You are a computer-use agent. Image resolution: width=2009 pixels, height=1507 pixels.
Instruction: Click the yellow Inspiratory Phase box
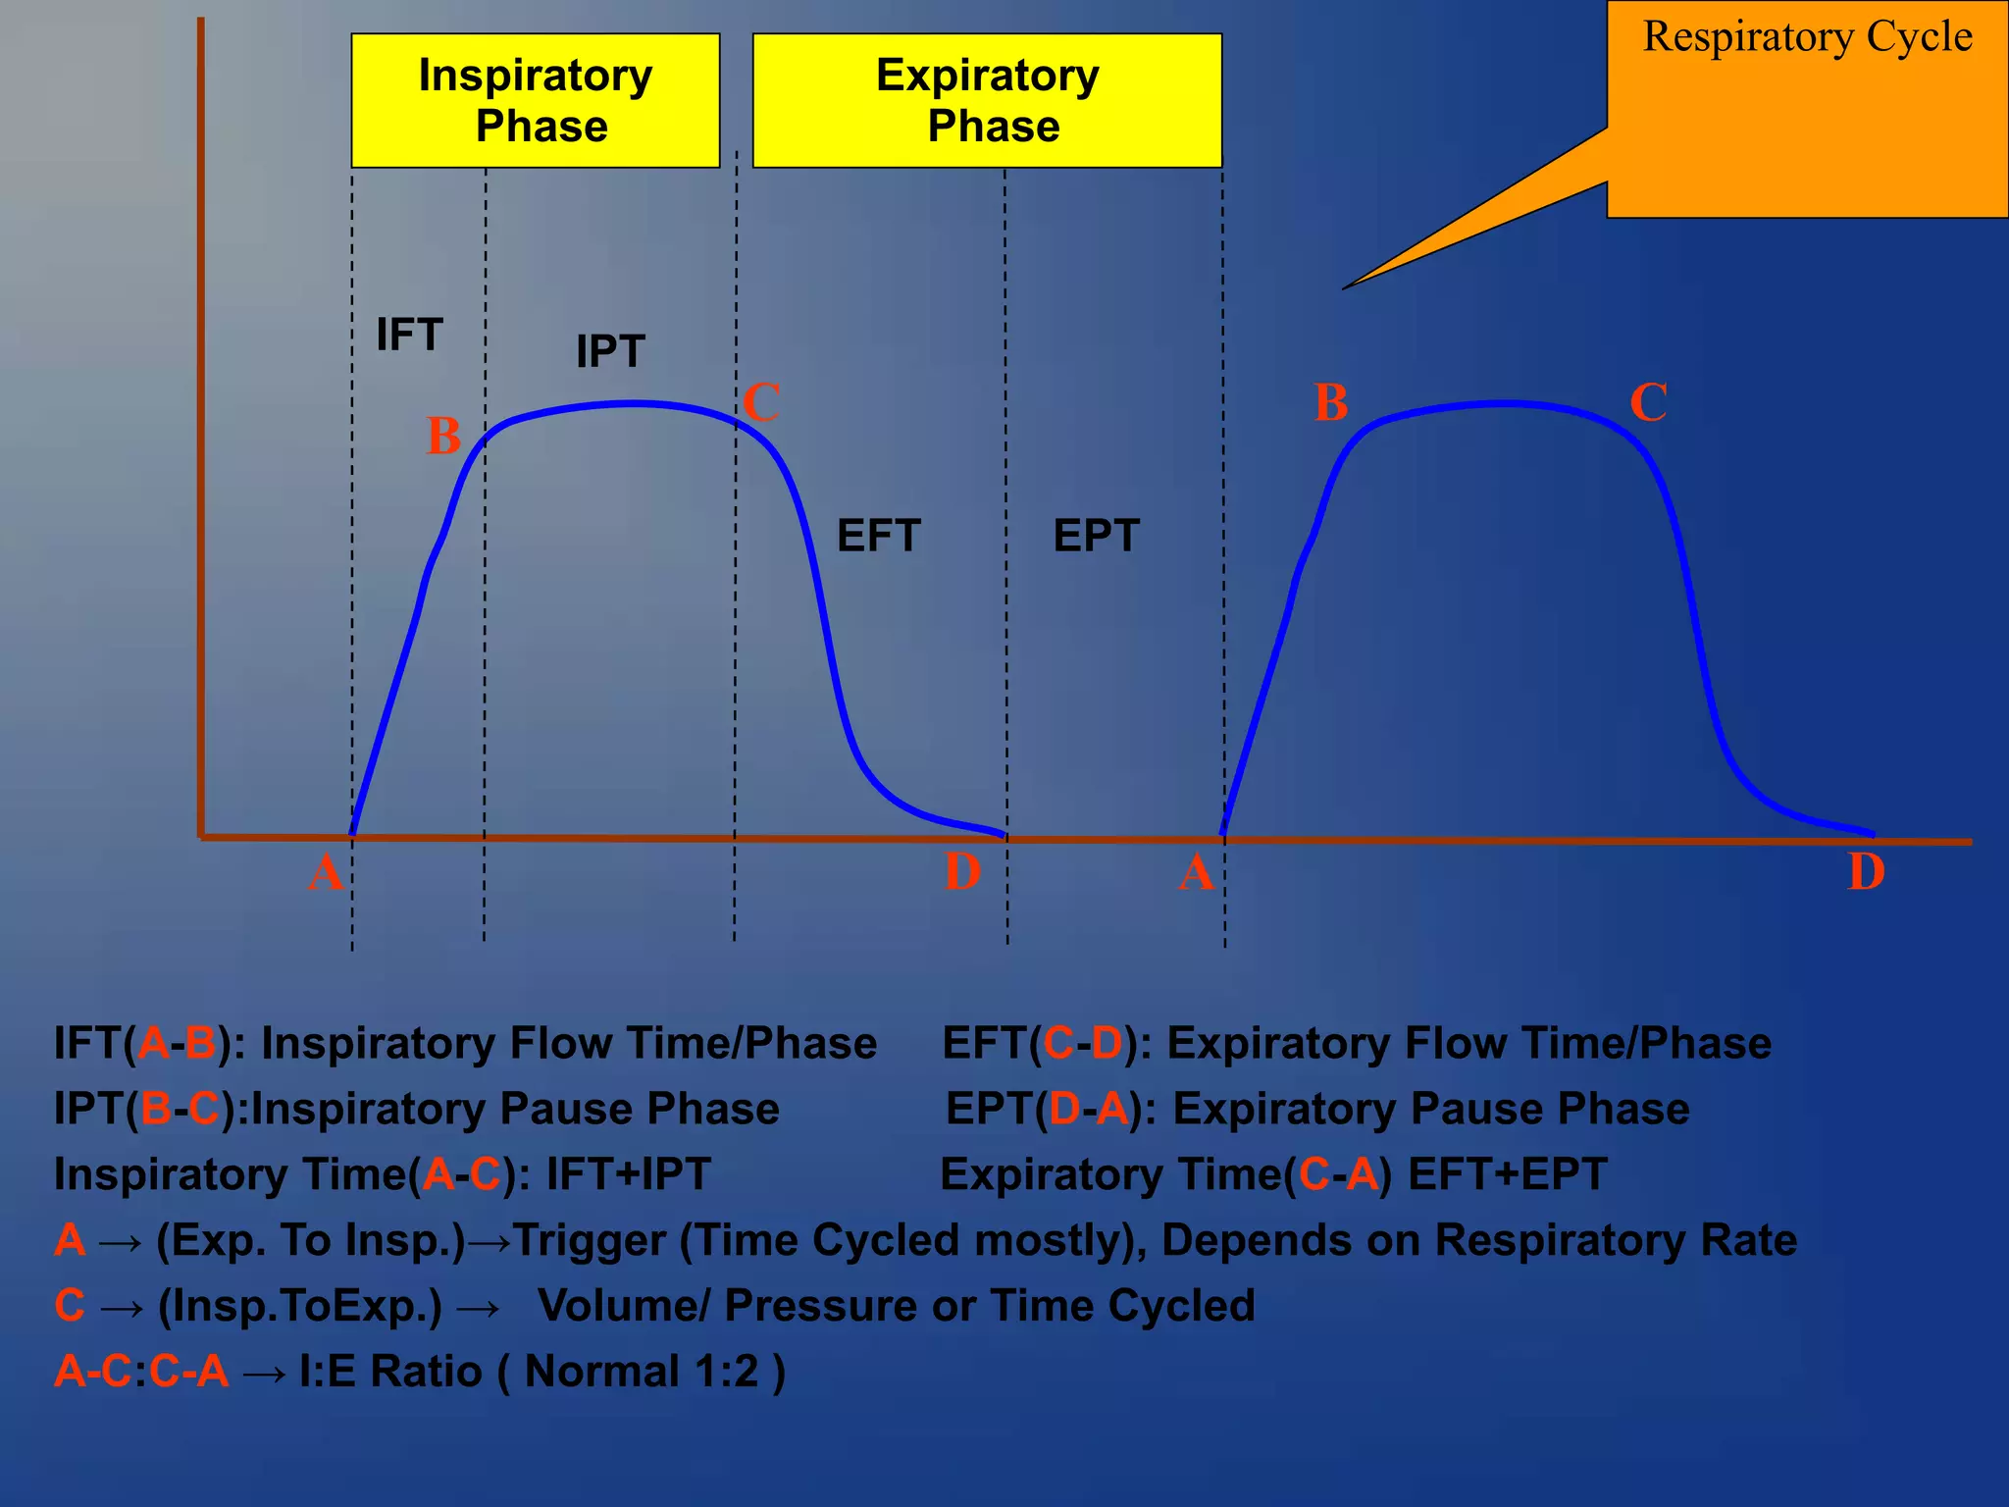pos(536,100)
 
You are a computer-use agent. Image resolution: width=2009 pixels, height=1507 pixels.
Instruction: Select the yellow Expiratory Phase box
pos(987,100)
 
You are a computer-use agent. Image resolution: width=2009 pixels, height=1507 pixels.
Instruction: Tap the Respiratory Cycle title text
pos(1807,37)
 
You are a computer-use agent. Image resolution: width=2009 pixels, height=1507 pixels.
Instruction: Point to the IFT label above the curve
pos(410,335)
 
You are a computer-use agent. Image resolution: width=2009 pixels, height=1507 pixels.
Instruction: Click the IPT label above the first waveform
pos(610,351)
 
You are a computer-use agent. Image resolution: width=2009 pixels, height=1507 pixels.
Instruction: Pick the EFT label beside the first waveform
pos(879,536)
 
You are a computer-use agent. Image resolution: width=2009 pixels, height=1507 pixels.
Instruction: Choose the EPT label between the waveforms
pos(1097,536)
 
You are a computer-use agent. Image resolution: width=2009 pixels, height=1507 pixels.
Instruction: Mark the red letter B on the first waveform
pos(443,436)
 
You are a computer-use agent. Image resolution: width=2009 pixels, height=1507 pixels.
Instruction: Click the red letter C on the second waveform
pos(1648,402)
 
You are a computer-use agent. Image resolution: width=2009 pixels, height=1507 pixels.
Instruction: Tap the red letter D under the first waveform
pos(962,871)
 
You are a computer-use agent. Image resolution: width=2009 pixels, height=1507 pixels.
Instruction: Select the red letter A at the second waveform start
pos(1196,871)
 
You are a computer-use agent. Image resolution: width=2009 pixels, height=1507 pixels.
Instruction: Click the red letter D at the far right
pos(1866,871)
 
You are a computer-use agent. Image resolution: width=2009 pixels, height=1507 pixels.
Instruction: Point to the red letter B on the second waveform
pos(1331,402)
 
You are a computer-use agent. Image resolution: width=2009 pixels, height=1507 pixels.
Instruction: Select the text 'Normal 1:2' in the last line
pos(642,1372)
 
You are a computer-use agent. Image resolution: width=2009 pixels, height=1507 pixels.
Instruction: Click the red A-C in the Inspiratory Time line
pos(461,1174)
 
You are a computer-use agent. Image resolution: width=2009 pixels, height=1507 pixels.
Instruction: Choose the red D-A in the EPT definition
pos(1089,1109)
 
